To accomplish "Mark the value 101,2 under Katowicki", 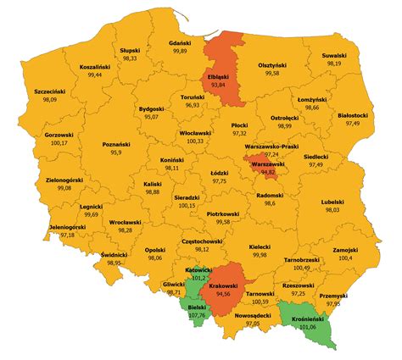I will click(199, 277).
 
